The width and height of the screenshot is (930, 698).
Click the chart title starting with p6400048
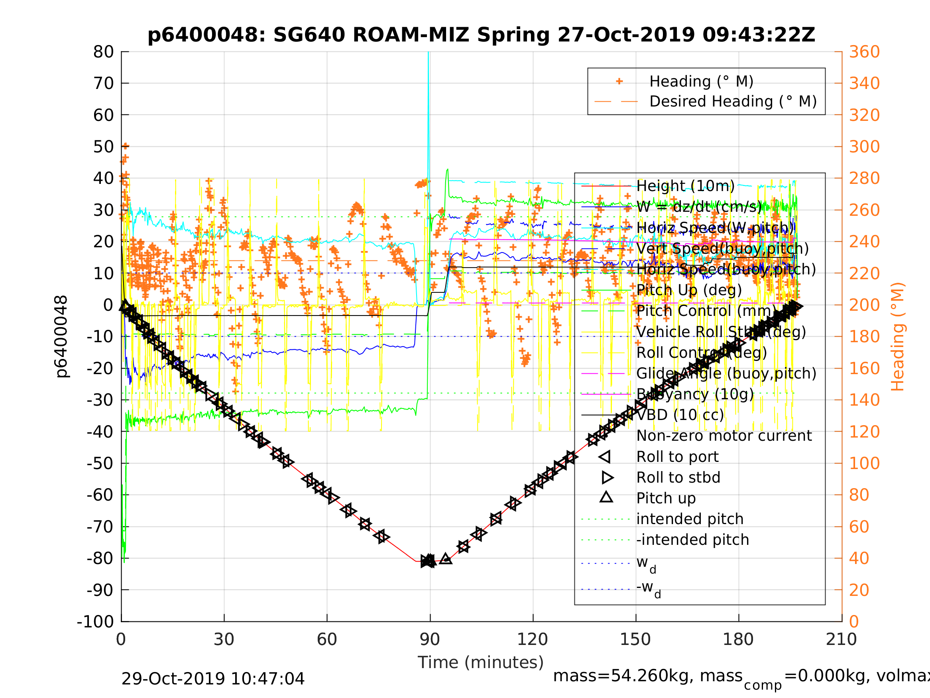481,35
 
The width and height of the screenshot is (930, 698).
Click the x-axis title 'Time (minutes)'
481,663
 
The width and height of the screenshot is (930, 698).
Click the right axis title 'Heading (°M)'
897,337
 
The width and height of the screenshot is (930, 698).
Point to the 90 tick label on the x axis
430,639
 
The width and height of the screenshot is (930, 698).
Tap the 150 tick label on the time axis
635,639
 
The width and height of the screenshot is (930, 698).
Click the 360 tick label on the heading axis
864,52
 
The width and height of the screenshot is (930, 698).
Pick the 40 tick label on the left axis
103,178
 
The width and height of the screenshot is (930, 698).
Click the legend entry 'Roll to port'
677,457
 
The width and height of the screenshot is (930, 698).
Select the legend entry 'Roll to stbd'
678,477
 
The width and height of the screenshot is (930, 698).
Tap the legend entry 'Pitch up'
666,498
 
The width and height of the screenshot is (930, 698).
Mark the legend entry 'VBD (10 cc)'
680,415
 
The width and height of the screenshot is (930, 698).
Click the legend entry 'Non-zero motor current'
724,436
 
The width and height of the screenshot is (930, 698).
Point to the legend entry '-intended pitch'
692,540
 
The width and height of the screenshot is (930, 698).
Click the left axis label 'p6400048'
62,337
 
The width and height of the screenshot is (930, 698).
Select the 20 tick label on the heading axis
859,590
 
